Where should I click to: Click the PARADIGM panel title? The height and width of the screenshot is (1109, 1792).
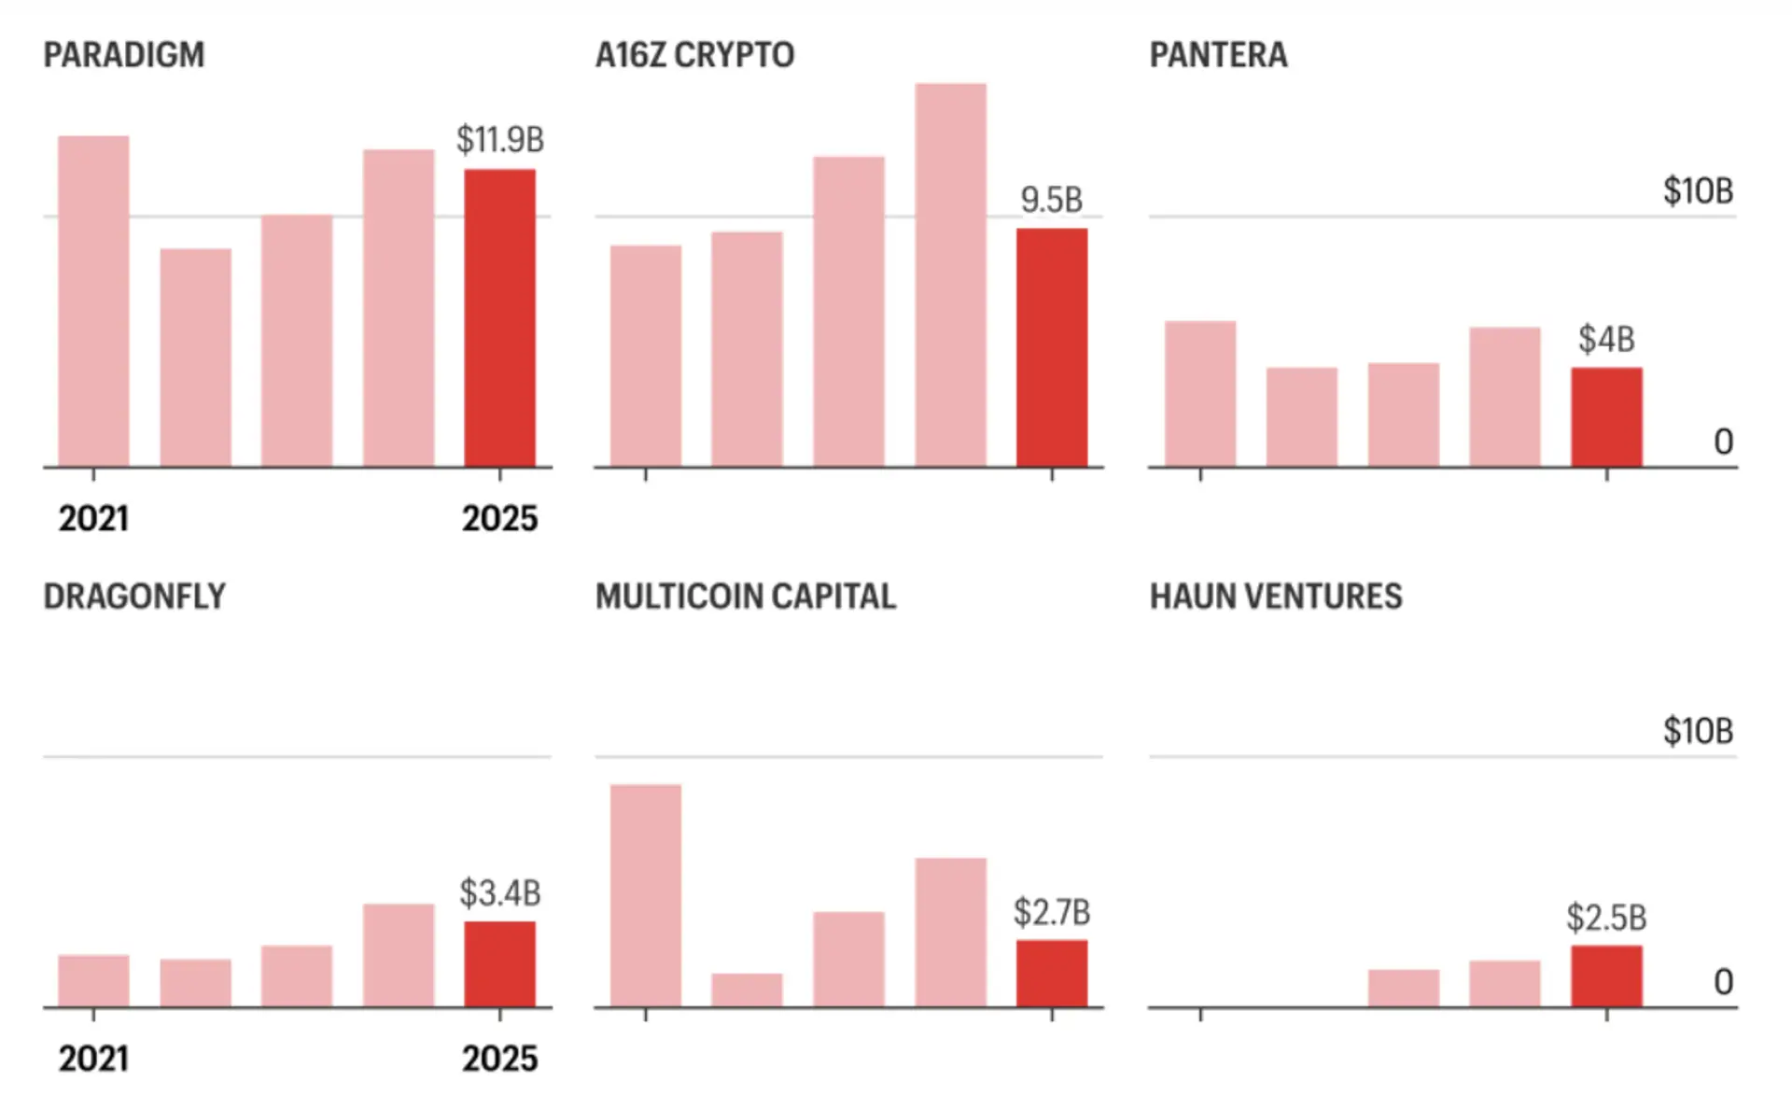pos(124,55)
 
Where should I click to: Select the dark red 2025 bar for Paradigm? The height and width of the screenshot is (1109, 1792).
pos(500,317)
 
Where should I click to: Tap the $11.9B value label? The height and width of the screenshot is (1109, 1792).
pos(500,140)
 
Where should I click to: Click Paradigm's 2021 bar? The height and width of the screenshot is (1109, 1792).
pos(93,301)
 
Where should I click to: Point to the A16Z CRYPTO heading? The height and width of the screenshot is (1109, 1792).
pos(695,55)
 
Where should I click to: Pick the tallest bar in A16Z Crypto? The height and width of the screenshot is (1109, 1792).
pos(950,275)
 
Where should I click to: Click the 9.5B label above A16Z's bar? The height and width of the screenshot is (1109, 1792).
pos(1051,200)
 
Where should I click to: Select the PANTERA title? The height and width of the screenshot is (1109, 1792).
pos(1218,55)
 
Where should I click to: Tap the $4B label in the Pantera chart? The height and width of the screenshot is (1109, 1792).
pos(1606,340)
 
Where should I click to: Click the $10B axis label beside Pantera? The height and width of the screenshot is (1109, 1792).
pos(1698,191)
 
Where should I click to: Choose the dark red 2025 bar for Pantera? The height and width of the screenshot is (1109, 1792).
pos(1606,417)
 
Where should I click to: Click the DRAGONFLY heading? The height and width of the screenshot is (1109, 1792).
pos(134,597)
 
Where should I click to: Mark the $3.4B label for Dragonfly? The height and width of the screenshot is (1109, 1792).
pos(500,893)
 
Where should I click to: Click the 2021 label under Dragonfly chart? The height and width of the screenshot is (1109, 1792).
pos(93,1059)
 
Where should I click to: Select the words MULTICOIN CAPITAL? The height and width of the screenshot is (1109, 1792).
pos(746,597)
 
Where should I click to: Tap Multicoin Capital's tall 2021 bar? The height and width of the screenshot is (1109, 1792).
pos(646,895)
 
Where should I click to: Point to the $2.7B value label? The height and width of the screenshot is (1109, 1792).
pos(1052,912)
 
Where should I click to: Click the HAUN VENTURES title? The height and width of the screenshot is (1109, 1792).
pos(1276,597)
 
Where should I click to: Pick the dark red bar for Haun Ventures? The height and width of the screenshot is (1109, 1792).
pos(1606,976)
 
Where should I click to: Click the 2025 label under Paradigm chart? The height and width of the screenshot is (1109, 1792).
pos(500,519)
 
